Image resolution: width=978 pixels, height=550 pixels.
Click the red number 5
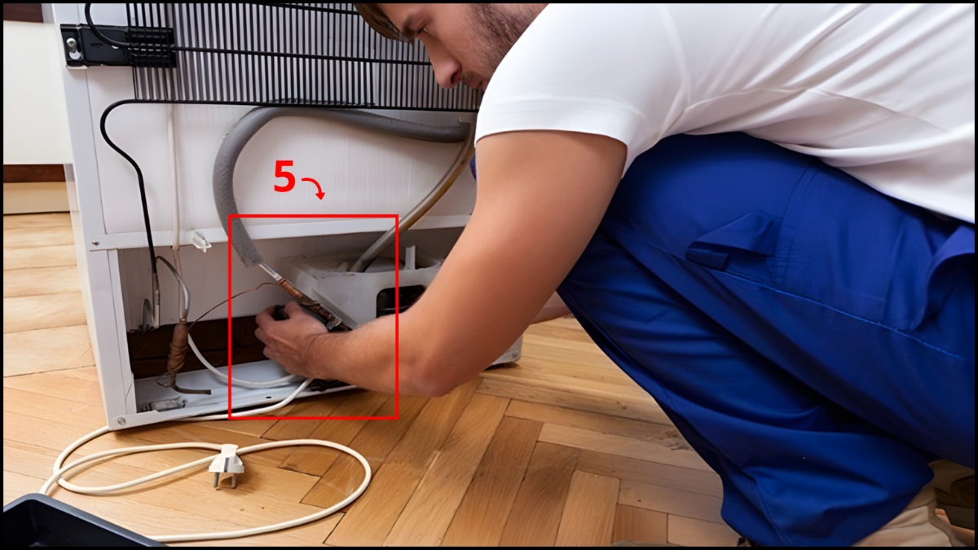click(x=284, y=177)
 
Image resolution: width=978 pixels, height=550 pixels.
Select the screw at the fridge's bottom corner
click(x=121, y=422)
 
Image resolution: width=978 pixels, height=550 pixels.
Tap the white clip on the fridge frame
click(x=198, y=240)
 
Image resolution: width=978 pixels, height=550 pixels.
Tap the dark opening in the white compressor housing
click(x=390, y=298)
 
